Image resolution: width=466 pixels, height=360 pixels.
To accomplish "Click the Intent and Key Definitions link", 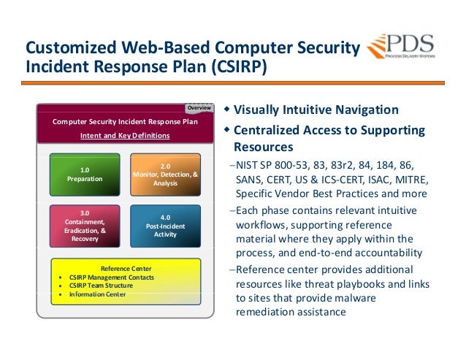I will [124, 136].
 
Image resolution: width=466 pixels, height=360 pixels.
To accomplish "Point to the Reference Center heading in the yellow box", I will [126, 268].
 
